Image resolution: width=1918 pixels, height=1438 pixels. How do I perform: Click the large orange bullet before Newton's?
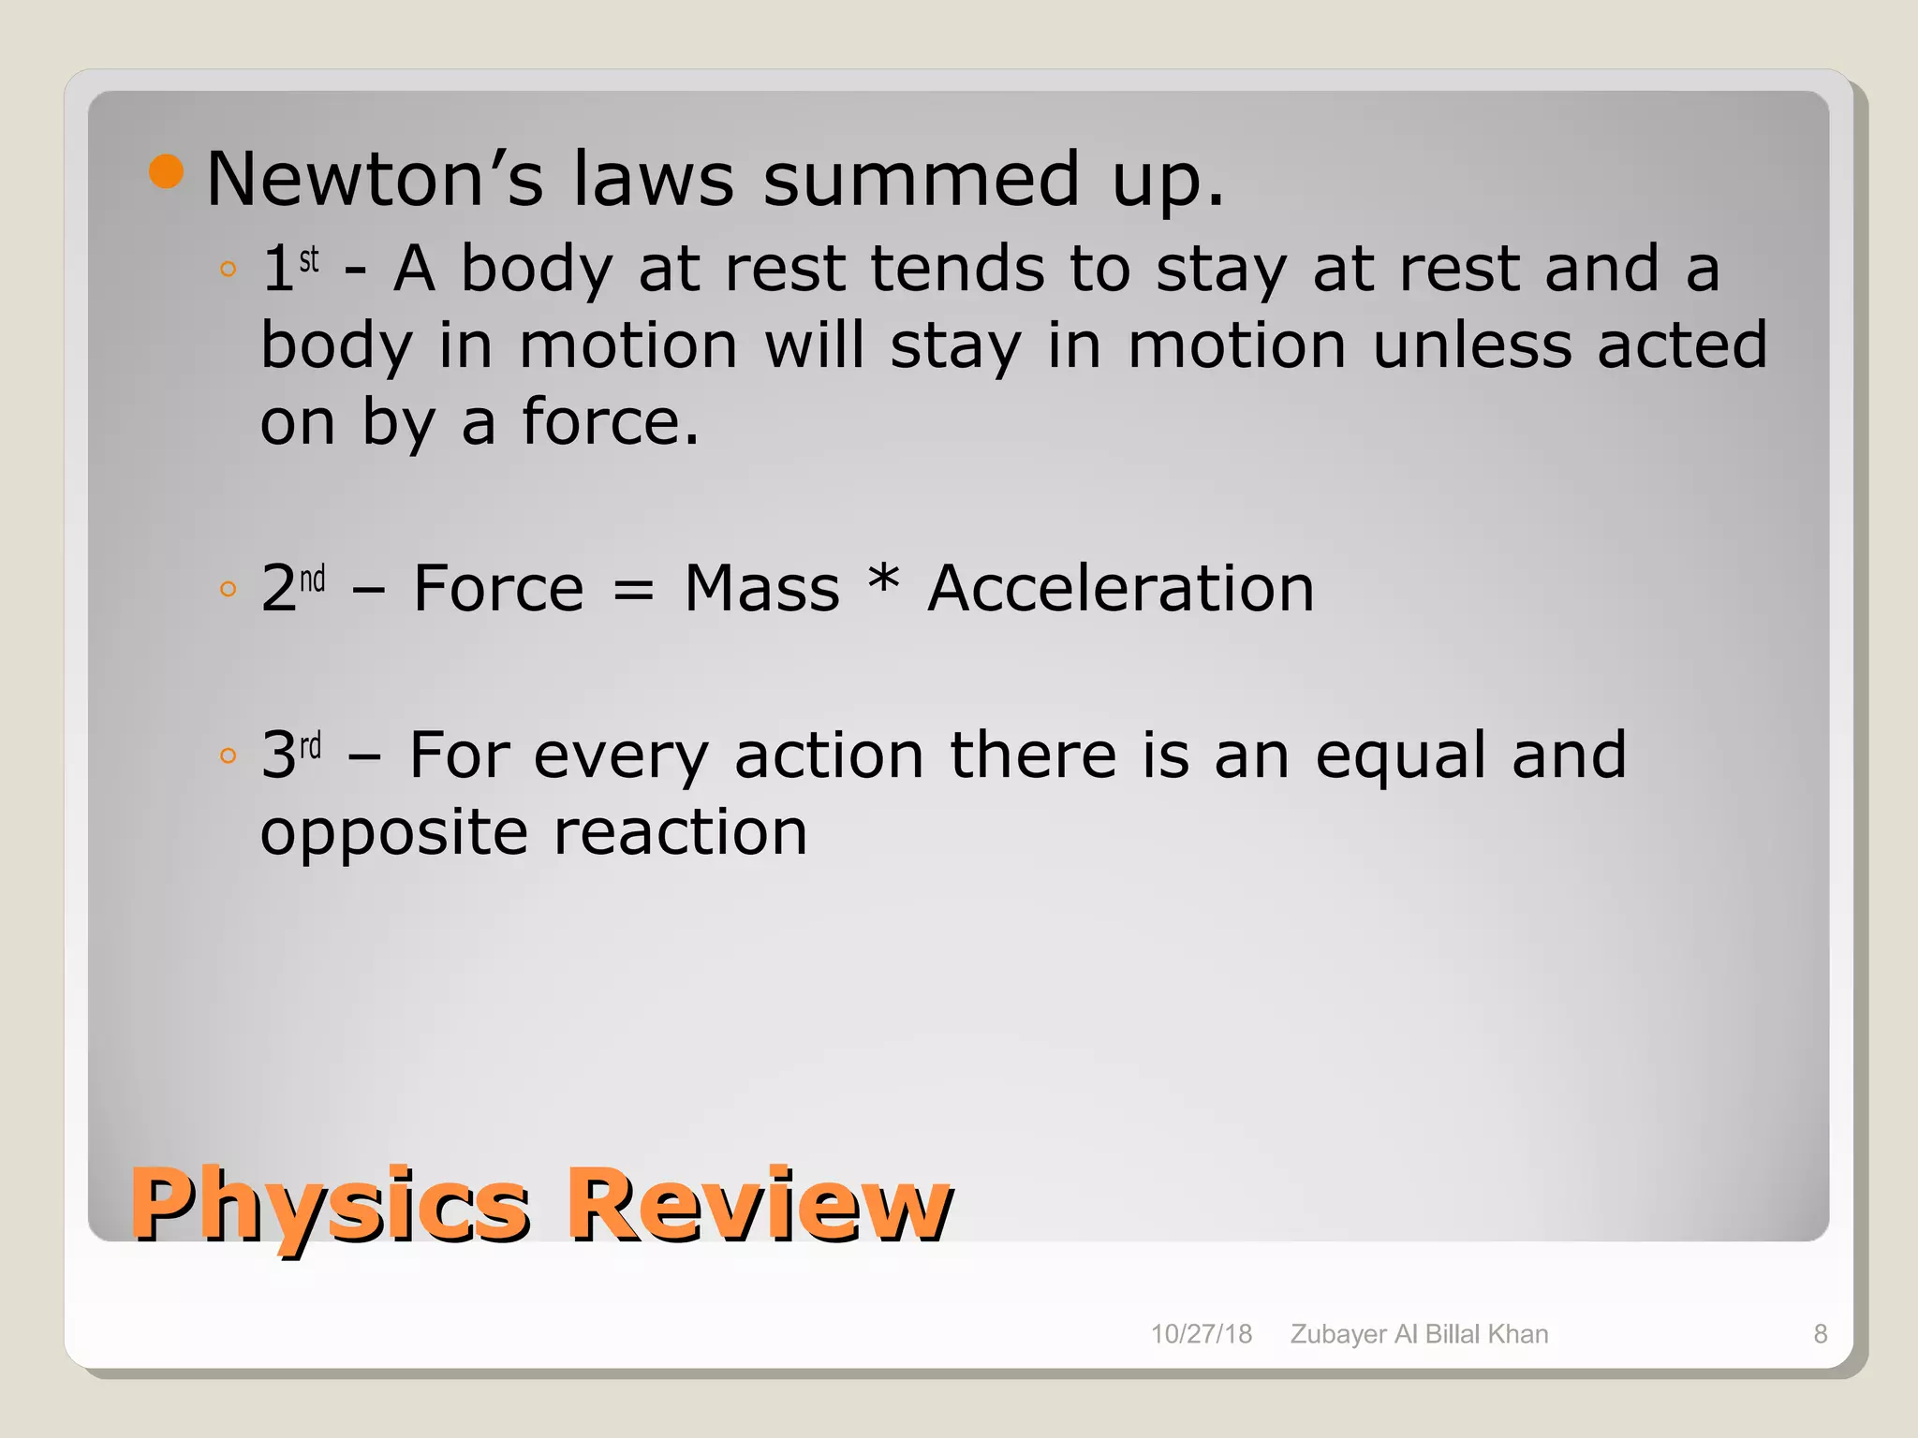166,171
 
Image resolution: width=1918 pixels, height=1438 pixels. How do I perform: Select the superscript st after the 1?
309,258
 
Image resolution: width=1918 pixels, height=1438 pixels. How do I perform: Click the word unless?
1471,345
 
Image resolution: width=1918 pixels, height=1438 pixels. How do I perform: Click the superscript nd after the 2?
313,579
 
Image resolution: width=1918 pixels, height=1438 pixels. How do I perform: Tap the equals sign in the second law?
633,591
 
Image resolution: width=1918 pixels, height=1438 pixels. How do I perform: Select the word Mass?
761,589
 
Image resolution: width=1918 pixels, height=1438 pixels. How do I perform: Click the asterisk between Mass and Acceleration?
883,580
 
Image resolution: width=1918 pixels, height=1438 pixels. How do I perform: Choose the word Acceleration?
1121,589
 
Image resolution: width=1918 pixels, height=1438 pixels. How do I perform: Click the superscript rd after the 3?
310,746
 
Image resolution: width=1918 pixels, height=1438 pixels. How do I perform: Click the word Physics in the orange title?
330,1204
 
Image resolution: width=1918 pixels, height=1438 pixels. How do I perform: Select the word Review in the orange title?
760,1204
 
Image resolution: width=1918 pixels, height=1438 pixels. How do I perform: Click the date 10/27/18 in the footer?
1201,1334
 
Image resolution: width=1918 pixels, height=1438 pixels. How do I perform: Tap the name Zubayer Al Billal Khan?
1419,1334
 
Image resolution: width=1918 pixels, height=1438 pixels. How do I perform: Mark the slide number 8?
1820,1334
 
